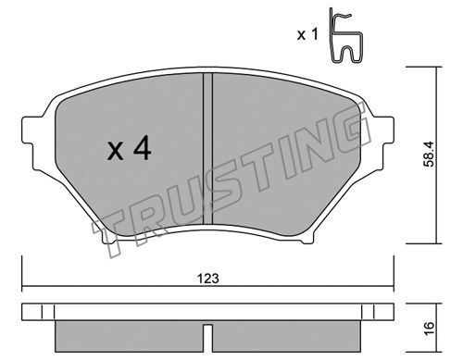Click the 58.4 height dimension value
coord(429,154)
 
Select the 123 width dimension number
coord(208,279)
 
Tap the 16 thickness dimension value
coord(429,328)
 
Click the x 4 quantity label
coord(129,149)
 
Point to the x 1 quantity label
coord(307,34)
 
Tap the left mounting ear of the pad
coord(32,130)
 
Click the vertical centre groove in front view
coord(207,148)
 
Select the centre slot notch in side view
coord(207,338)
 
